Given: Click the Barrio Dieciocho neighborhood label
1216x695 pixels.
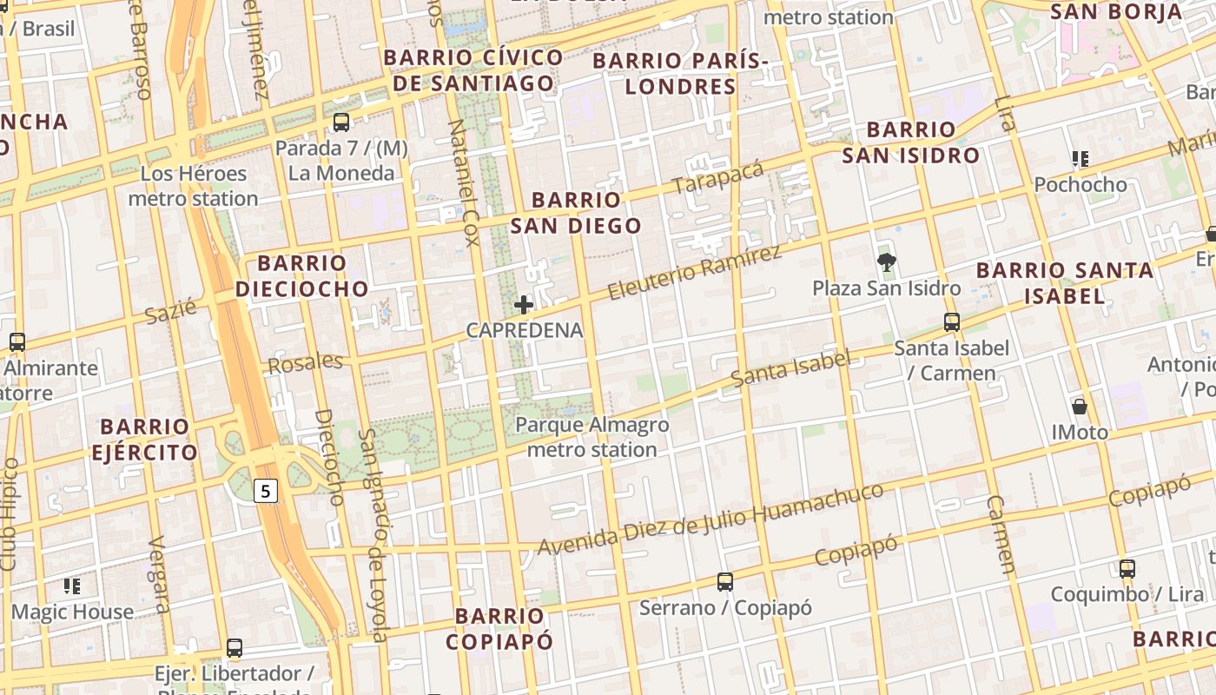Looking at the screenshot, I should coord(301,276).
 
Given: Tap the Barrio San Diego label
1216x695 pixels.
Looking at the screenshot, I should coord(576,214).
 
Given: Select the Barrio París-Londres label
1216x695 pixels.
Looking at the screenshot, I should coord(681,74).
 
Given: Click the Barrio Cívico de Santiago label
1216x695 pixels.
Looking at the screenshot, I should coord(473,70).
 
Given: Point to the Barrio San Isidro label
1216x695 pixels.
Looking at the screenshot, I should coord(910,142).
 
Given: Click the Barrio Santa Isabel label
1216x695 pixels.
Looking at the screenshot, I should coord(1065,283).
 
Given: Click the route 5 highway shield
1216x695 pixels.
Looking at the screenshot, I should coord(266,492).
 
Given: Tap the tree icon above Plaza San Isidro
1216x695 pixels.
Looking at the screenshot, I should coord(886,261).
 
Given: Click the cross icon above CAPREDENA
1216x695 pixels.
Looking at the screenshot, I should coord(524,305).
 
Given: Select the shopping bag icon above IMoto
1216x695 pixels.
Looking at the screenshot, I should coord(1080,406).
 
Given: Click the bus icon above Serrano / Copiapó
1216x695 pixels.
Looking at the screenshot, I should coord(725,581).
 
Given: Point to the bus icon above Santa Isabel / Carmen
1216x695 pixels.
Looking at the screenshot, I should coord(952,322).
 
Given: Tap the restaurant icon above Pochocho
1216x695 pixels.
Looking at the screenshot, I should coord(1080,159).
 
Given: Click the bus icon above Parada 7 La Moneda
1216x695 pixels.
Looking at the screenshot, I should coord(341,122).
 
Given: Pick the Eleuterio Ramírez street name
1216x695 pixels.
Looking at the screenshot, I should coord(694,273).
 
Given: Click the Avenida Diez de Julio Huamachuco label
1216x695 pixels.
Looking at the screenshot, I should coord(710,520).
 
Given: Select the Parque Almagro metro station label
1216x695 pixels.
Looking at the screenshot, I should coord(592,437).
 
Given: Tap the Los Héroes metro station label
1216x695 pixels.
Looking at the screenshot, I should coord(193,186).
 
